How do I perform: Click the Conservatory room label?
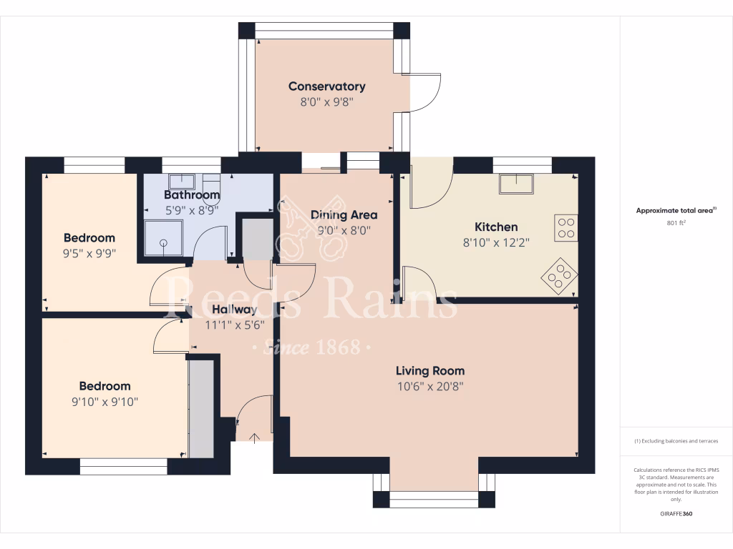click(x=326, y=86)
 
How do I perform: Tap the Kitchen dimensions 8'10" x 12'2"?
click(x=496, y=242)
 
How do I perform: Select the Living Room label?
click(x=430, y=370)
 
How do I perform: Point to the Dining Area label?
click(x=344, y=214)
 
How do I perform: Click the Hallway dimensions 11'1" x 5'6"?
click(x=234, y=324)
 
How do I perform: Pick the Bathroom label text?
click(x=191, y=194)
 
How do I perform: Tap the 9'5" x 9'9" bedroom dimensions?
click(x=89, y=253)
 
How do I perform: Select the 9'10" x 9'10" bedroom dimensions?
click(x=105, y=402)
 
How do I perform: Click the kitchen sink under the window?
click(x=517, y=184)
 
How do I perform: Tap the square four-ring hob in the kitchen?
click(x=565, y=227)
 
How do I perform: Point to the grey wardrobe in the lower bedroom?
click(x=201, y=409)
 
